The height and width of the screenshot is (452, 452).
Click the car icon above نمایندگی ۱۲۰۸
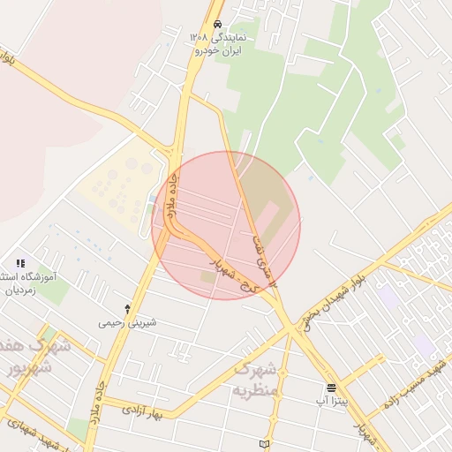(217, 24)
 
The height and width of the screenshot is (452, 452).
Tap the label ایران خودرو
(217, 51)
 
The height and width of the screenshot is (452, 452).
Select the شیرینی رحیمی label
(128, 322)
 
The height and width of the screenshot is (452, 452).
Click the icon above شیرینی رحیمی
(128, 309)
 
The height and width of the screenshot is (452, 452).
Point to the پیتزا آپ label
(331, 401)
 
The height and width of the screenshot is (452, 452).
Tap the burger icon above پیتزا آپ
(331, 388)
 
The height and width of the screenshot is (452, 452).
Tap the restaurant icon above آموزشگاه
(20, 263)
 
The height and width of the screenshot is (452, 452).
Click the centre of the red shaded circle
(226, 225)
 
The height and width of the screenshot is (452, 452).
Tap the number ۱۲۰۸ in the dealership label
(199, 38)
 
